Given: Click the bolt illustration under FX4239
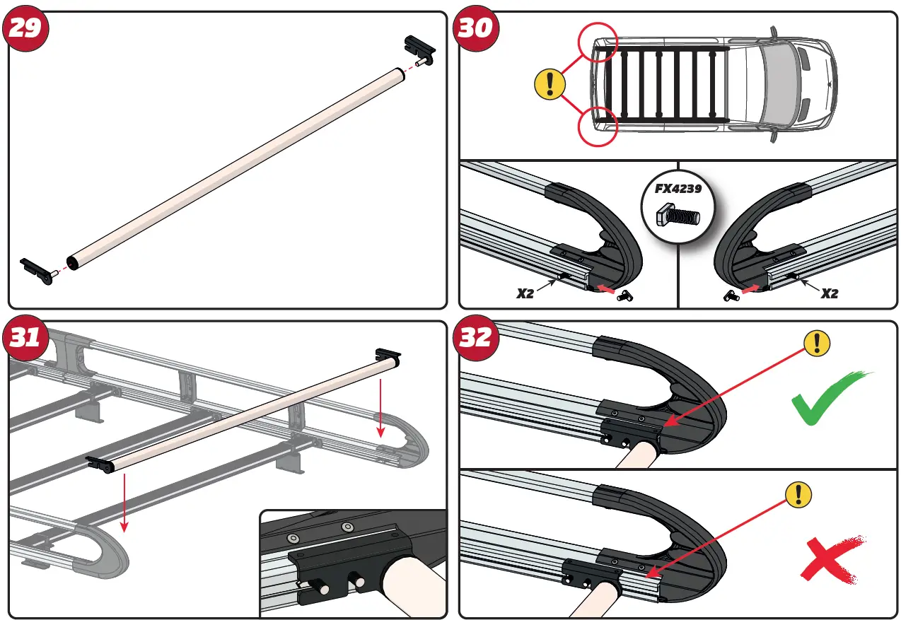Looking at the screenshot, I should [x=678, y=215].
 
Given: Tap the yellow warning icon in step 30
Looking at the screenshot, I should [x=550, y=85].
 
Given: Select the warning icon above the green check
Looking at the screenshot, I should [x=818, y=344].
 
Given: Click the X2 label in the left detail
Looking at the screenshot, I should [x=525, y=293].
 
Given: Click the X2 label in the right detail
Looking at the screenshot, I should [x=829, y=293].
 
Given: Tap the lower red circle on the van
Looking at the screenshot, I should [x=598, y=127].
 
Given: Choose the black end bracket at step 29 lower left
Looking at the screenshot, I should [x=36, y=269].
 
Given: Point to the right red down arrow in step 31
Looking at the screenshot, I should [x=380, y=407].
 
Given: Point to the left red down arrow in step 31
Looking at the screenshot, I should [x=124, y=502].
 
